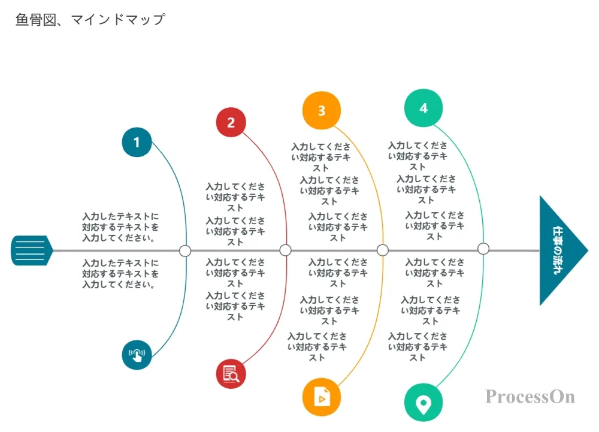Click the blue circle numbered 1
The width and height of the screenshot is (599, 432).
(x=137, y=142)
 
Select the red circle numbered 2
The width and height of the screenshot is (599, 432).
(x=231, y=123)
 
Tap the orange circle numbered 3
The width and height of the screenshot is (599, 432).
(x=322, y=110)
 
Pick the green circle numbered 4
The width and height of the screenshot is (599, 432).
(x=423, y=108)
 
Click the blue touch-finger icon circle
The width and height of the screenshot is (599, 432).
(x=137, y=355)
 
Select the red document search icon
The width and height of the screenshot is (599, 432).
(x=231, y=374)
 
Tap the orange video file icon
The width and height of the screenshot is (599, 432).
(x=322, y=397)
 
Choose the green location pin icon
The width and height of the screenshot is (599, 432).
(x=423, y=403)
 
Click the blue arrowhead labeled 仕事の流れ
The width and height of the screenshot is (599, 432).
(x=560, y=250)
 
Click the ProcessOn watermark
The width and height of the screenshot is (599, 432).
(x=530, y=397)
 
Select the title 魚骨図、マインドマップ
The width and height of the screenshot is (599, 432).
(x=90, y=20)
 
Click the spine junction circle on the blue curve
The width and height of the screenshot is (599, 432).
(x=185, y=250)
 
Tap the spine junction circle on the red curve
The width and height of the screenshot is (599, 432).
(x=286, y=250)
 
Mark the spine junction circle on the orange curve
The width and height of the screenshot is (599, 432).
(x=383, y=250)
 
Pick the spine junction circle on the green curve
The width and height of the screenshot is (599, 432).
(x=483, y=249)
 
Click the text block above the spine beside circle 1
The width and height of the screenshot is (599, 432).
(x=121, y=226)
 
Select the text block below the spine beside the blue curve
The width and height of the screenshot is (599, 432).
(x=121, y=274)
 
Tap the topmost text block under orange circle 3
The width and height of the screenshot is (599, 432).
(x=321, y=157)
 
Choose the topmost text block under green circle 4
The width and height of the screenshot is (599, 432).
(x=418, y=156)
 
